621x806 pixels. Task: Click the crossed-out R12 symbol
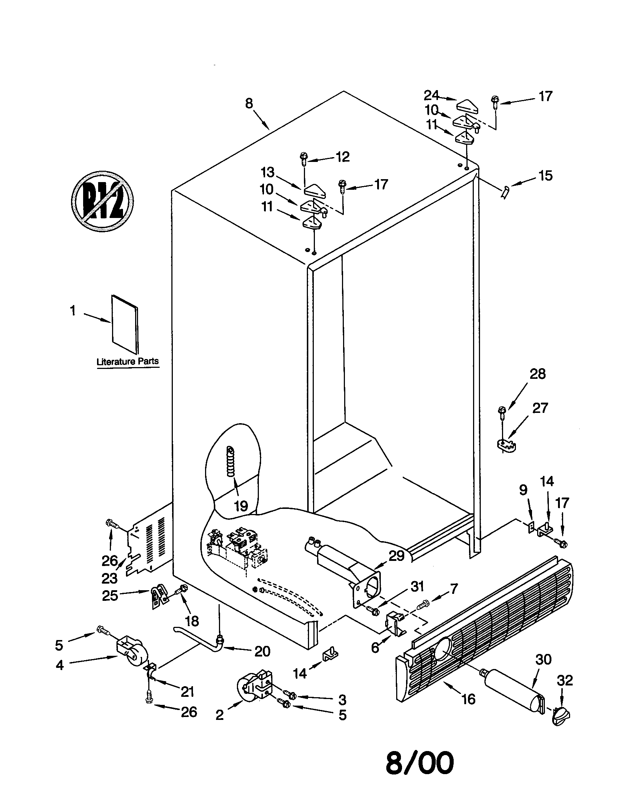[102, 202]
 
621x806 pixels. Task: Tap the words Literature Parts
[127, 361]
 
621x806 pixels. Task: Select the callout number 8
[249, 104]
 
